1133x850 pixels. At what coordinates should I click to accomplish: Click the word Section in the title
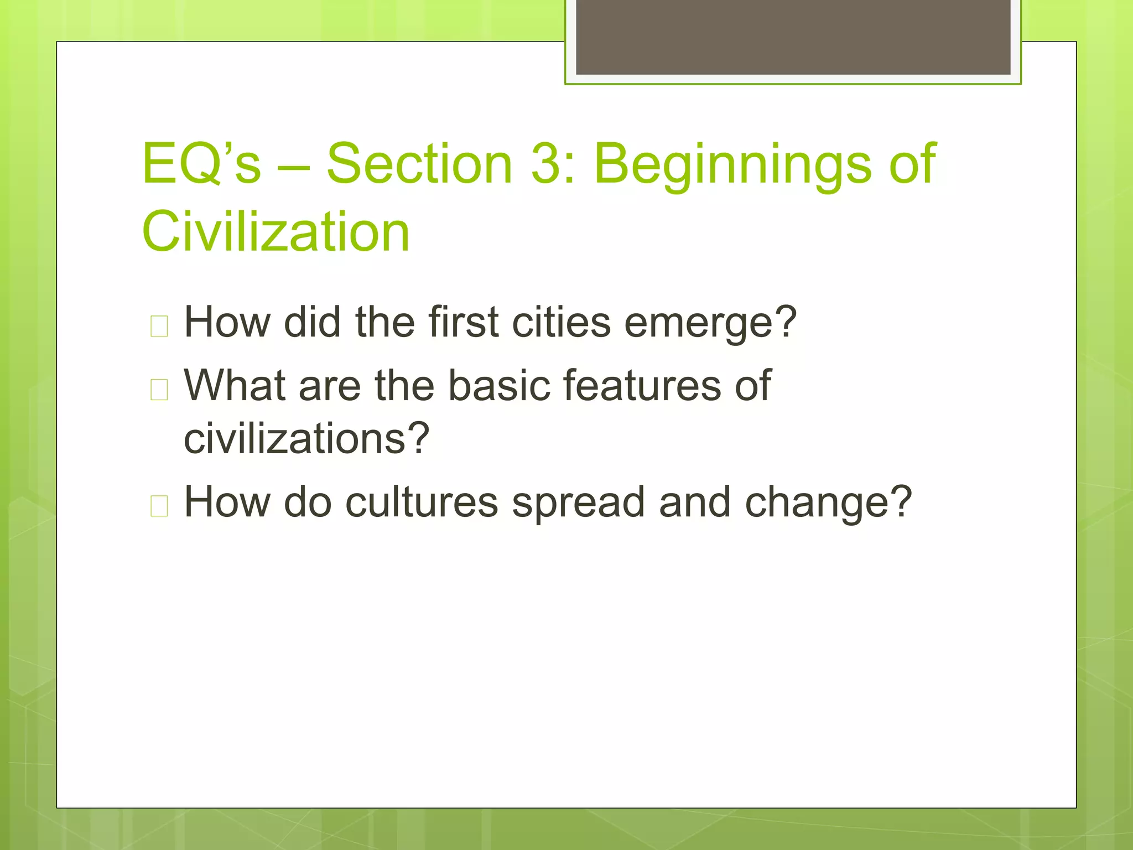tap(419, 164)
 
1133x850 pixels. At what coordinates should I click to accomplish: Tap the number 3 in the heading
tap(548, 164)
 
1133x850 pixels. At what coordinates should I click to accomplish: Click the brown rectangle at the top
tap(793, 37)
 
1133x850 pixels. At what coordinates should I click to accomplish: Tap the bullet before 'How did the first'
tap(159, 326)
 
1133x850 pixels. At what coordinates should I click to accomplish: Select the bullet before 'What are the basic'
tap(159, 390)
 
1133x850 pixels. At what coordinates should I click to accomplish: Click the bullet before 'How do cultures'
tap(159, 506)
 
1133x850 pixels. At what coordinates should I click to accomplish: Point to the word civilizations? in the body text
tap(306, 439)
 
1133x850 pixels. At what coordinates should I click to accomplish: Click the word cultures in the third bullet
tap(422, 502)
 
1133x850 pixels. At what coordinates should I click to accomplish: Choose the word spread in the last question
tap(578, 502)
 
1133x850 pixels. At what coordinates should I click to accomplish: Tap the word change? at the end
tap(828, 502)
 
